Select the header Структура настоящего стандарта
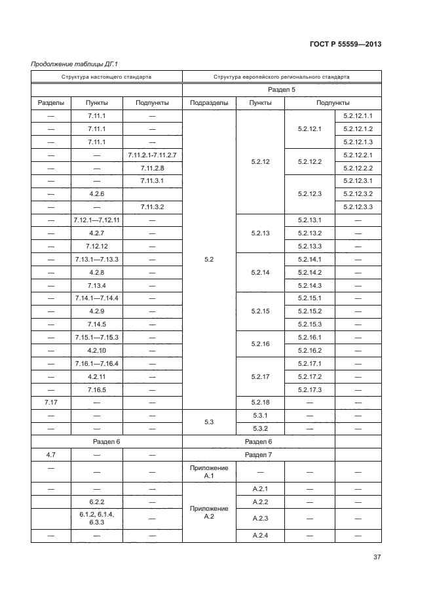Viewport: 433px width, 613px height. (x=106, y=77)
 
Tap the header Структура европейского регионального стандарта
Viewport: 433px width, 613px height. (x=281, y=77)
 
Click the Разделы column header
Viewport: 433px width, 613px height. (x=51, y=103)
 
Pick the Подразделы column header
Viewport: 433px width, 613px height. (x=208, y=103)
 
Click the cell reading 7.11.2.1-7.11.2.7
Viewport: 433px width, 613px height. (x=152, y=155)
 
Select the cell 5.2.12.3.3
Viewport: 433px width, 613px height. (x=358, y=207)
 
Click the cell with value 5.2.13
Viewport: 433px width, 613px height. (x=261, y=233)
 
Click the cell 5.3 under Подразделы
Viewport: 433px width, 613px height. (x=208, y=422)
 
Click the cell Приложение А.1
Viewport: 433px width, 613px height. (x=208, y=472)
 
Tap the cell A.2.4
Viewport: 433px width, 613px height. (x=261, y=536)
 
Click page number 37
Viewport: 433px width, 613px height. (x=377, y=557)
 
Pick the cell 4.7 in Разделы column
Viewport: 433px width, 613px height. (x=51, y=454)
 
